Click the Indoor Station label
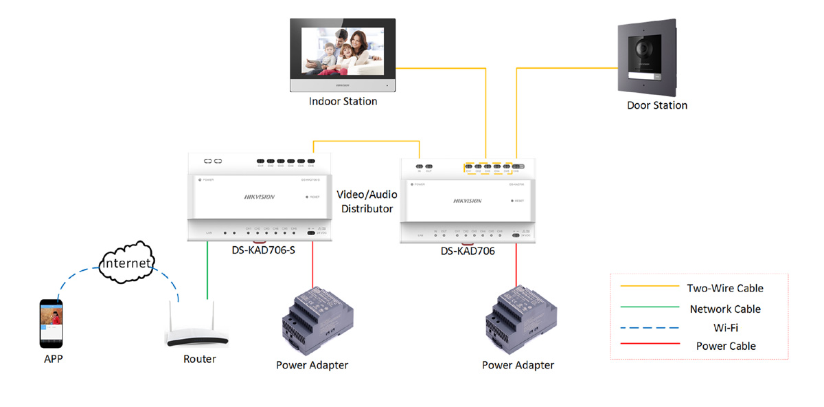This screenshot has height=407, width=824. (343, 102)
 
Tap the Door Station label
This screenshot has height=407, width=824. (656, 105)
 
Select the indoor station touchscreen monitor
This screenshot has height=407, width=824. (343, 52)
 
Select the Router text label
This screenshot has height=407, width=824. (199, 359)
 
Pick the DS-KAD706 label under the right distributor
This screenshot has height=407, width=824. (468, 252)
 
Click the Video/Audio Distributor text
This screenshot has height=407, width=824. (367, 201)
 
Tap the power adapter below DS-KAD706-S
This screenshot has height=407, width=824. (317, 319)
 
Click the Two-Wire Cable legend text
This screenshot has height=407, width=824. (725, 289)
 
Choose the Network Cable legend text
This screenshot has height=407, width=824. (725, 309)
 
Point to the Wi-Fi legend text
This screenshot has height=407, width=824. (726, 328)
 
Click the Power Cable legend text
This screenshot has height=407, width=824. (726, 346)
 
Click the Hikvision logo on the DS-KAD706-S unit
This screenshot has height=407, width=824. (260, 197)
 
